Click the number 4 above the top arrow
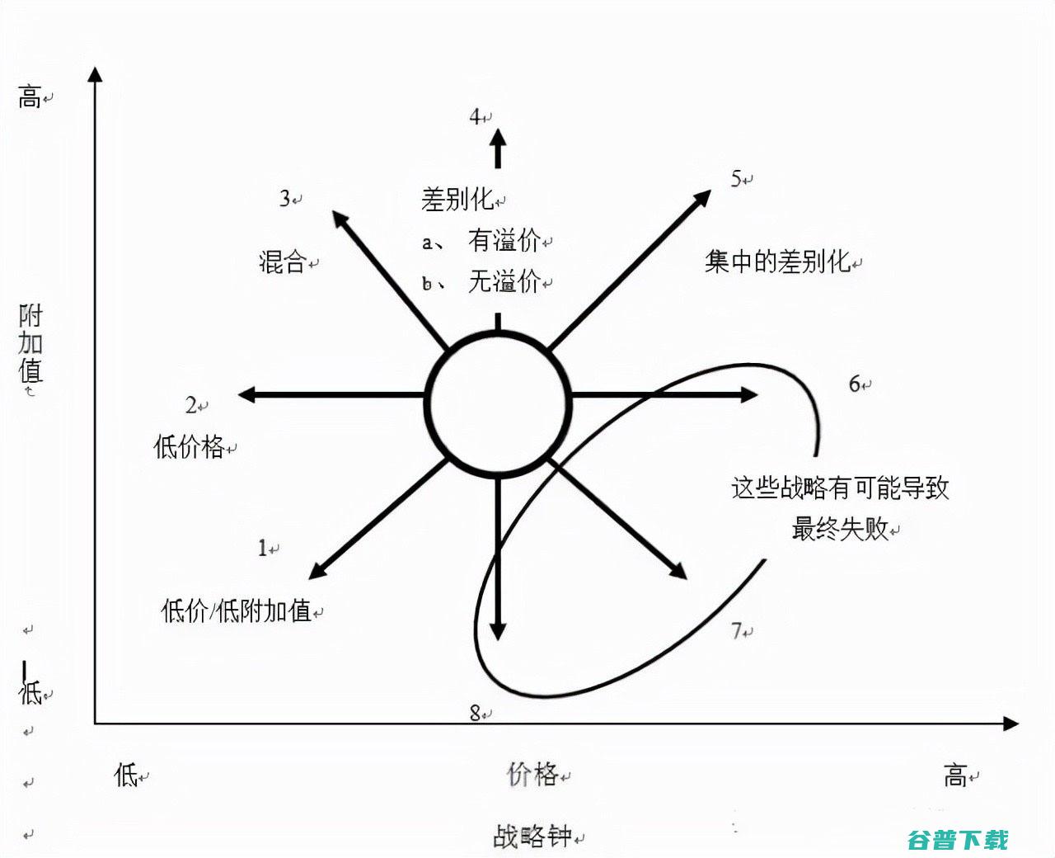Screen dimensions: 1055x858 [x=475, y=117]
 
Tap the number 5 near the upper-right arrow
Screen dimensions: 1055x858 [x=736, y=178]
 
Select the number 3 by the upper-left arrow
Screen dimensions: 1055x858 [x=284, y=199]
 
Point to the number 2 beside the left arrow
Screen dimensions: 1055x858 [x=191, y=405]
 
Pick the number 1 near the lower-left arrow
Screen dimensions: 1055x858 [x=263, y=548]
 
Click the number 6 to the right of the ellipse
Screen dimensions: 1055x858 [x=855, y=384]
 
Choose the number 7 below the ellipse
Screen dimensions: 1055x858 [x=737, y=630]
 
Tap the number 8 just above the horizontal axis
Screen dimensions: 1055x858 [x=475, y=714]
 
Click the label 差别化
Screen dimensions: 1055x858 [x=457, y=200]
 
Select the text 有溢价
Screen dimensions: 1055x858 [x=504, y=240]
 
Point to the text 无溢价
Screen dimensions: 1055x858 [x=504, y=281]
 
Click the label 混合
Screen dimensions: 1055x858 [x=283, y=262]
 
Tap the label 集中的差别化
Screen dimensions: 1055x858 [x=777, y=262]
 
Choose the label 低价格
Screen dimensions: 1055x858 [x=189, y=446]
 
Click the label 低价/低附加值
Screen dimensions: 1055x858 [x=237, y=610]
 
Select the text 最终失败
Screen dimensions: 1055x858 [x=840, y=528]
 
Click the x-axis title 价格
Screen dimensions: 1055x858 [x=532, y=774]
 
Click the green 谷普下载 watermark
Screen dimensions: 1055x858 [x=958, y=840]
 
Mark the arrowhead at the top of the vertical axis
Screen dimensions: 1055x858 [x=95, y=74]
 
